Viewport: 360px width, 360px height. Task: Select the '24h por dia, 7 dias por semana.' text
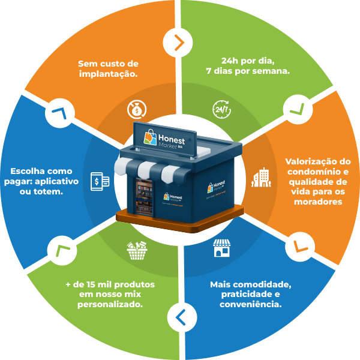[247, 65]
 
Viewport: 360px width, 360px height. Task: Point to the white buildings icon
[260, 176]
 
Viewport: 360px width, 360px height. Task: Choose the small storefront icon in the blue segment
[221, 248]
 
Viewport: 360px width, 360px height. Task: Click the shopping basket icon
[137, 250]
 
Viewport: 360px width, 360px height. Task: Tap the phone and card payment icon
[100, 180]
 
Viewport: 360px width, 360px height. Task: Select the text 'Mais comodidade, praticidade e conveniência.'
[247, 293]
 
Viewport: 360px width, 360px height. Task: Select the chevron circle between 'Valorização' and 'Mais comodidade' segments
[298, 246]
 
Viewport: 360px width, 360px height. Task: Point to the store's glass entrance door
[142, 197]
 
